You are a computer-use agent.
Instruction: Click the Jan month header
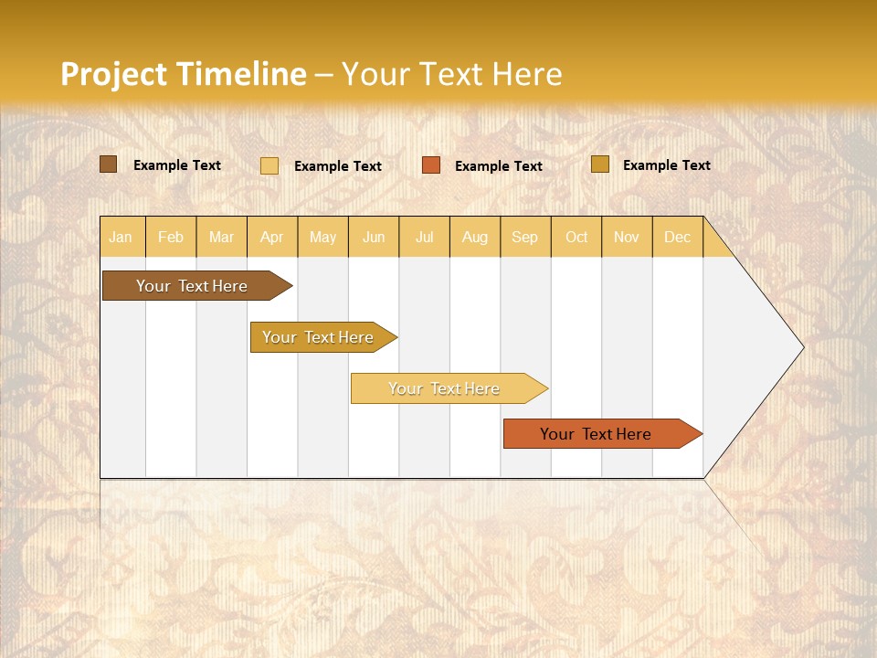coord(121,238)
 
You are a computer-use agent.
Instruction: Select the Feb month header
coord(171,238)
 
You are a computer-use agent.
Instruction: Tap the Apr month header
coord(271,238)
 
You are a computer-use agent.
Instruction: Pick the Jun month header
coord(374,238)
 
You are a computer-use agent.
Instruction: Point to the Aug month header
coord(474,238)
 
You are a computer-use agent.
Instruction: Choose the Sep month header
coord(524,238)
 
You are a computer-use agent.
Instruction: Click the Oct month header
coord(576,238)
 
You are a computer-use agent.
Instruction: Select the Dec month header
coord(677,238)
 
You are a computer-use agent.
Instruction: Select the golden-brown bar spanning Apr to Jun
coord(318,337)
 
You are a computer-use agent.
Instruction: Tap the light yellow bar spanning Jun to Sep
coord(444,388)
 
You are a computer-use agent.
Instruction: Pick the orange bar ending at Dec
coord(596,434)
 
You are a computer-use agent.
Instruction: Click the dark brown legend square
coord(109,164)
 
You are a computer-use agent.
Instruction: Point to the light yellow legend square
coord(269,165)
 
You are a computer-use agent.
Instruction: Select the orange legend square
coord(431,165)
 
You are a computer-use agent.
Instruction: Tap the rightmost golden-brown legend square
coord(599,164)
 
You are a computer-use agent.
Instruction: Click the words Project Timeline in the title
coord(183,74)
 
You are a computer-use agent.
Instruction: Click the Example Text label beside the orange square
coord(498,166)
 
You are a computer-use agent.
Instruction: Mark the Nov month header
coord(627,238)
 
